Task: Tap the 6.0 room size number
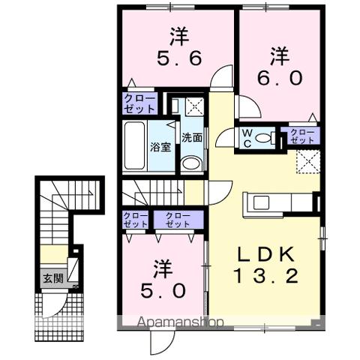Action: pyautogui.click(x=280, y=78)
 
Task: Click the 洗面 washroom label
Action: pyautogui.click(x=191, y=138)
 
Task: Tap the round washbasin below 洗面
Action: pyautogui.click(x=191, y=164)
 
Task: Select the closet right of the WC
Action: pyautogui.click(x=302, y=136)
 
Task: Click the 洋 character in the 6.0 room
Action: pyautogui.click(x=280, y=54)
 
